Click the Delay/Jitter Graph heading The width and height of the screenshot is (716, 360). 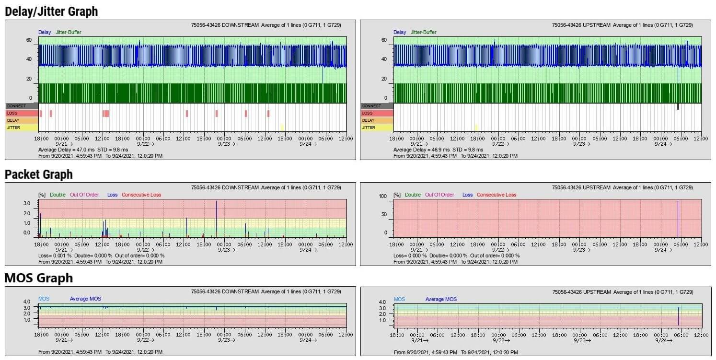[51, 12]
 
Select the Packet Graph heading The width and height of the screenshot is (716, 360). [39, 174]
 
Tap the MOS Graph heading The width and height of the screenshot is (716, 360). [39, 278]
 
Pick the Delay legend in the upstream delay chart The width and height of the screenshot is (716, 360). [400, 32]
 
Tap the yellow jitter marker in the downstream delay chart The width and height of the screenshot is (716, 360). [282, 127]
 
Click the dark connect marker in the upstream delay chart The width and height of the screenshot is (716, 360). [678, 106]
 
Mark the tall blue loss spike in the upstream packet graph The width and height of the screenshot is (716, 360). [678, 218]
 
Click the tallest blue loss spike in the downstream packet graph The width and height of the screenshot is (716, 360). [216, 218]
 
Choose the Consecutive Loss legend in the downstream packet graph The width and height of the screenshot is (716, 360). [141, 195]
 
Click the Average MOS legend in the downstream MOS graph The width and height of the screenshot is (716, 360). [85, 299]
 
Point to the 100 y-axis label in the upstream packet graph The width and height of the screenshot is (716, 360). [383, 197]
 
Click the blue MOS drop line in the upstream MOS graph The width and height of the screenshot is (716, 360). [678, 316]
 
